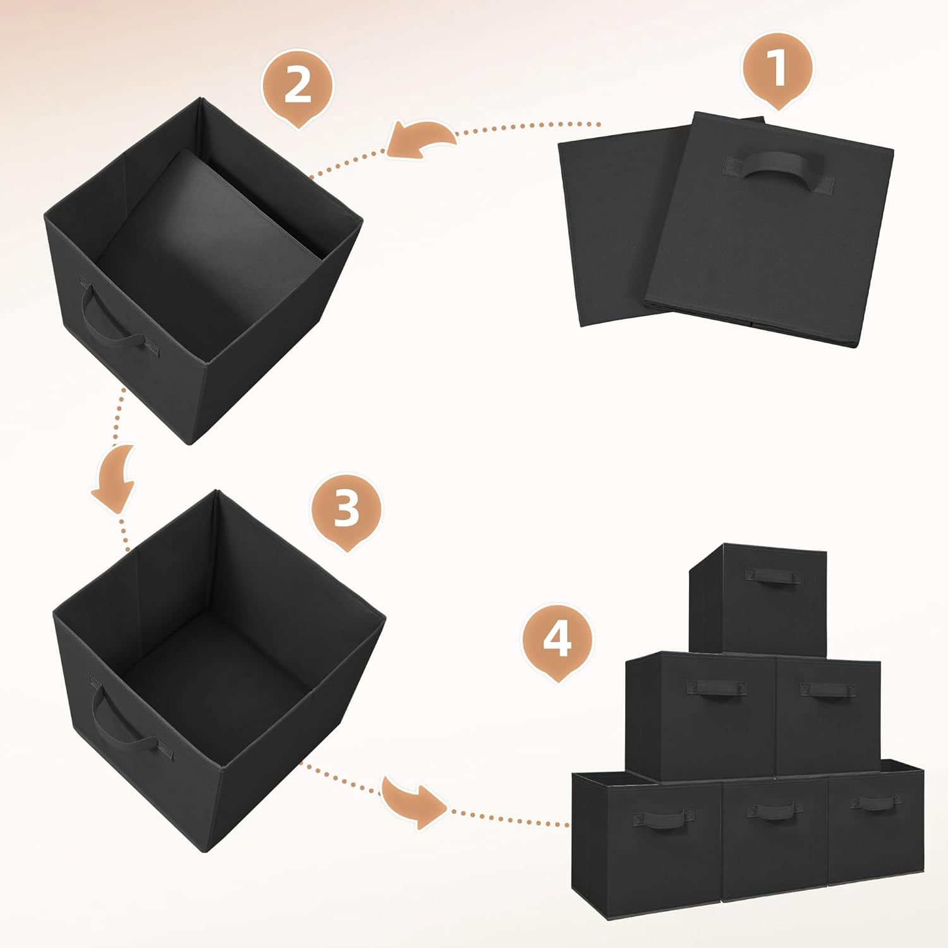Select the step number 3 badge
[x=346, y=509]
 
